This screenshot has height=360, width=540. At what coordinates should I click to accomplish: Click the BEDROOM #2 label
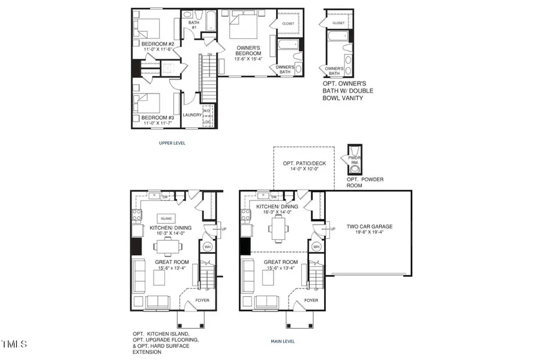(154, 43)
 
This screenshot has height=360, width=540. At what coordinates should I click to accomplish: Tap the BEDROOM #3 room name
(154, 118)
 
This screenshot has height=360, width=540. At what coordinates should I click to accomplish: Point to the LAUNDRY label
(192, 114)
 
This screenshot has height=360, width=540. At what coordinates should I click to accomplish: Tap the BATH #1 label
(193, 25)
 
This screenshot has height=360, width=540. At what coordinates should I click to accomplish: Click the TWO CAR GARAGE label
(370, 227)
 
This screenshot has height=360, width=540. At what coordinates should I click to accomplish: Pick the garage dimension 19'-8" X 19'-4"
(370, 233)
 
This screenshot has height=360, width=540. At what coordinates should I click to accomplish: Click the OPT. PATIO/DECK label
(302, 163)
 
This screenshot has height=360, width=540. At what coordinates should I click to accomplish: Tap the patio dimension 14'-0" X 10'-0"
(302, 170)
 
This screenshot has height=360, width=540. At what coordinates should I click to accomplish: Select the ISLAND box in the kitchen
(166, 218)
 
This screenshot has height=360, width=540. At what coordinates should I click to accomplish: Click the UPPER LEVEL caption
(172, 143)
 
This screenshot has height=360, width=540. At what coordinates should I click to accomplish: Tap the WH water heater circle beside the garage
(316, 247)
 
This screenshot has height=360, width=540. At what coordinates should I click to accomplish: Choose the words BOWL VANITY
(343, 98)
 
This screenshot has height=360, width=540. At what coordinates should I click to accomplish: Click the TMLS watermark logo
(14, 344)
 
